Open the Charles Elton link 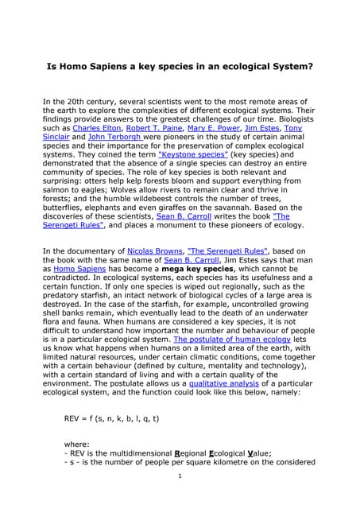[96, 127]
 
